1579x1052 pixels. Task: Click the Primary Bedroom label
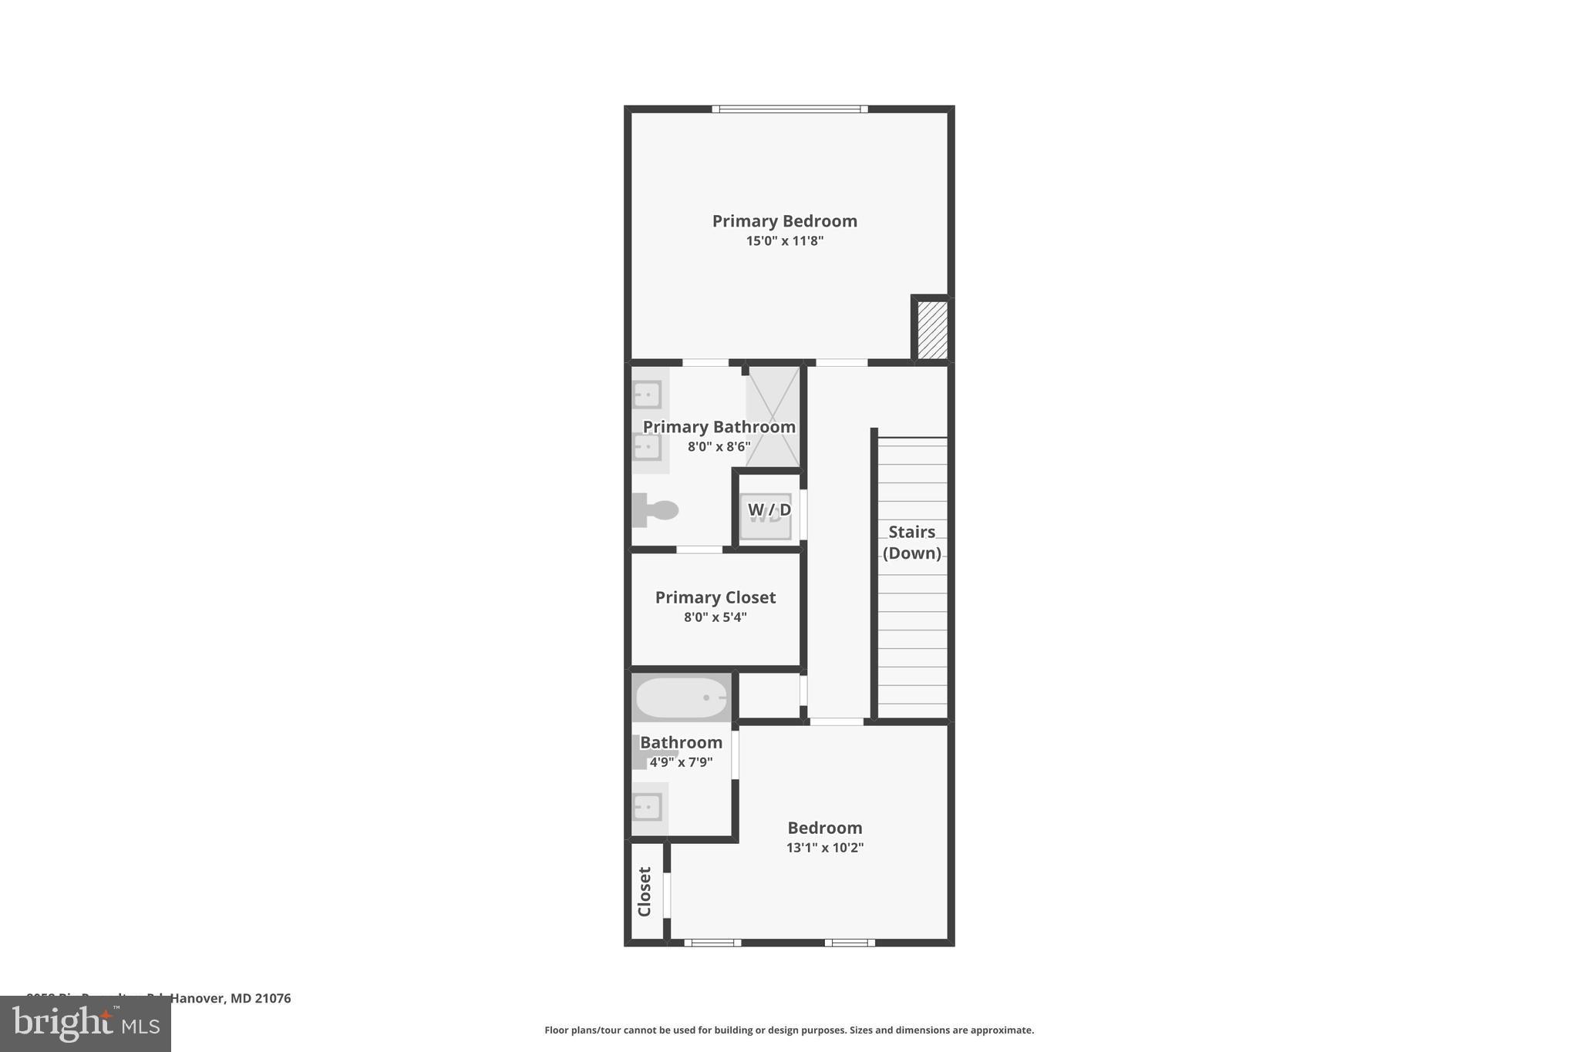[x=784, y=221]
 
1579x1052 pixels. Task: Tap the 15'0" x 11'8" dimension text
[x=784, y=241]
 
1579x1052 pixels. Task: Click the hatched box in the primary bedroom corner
[x=932, y=329]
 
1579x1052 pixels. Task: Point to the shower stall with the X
[x=773, y=417]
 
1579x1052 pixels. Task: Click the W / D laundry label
[x=769, y=510]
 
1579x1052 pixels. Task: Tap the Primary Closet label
[x=715, y=597]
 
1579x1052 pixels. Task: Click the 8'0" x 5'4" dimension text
[x=715, y=617]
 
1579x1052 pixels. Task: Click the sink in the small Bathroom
[x=648, y=808]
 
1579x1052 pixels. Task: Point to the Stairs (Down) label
[x=911, y=543]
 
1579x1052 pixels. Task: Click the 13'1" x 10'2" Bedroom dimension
[x=824, y=848]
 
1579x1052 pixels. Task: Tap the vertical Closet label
[x=645, y=892]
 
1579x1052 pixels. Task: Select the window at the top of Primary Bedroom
[x=789, y=109]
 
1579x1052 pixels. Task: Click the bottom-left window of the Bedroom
[x=712, y=942]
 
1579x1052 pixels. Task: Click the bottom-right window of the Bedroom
[x=850, y=942]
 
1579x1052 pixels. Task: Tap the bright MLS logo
[x=86, y=1024]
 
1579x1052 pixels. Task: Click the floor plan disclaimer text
[x=789, y=1030]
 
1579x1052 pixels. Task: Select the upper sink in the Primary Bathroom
[x=648, y=395]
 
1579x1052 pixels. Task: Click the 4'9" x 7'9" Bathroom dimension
[x=681, y=763]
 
